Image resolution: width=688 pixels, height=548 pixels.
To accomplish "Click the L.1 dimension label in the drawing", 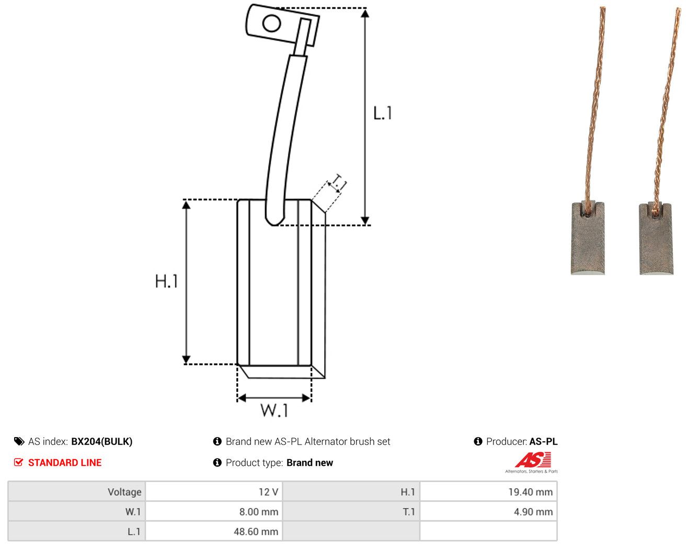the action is pyautogui.click(x=382, y=113).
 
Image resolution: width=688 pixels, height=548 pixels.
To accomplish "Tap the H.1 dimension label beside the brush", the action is pyautogui.click(x=166, y=281).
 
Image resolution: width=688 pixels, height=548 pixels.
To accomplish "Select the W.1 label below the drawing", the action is pyautogui.click(x=274, y=410).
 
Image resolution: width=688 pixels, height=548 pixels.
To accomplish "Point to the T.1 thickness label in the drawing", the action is pyautogui.click(x=339, y=182).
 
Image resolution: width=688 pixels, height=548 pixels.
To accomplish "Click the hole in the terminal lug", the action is pyautogui.click(x=271, y=23).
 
